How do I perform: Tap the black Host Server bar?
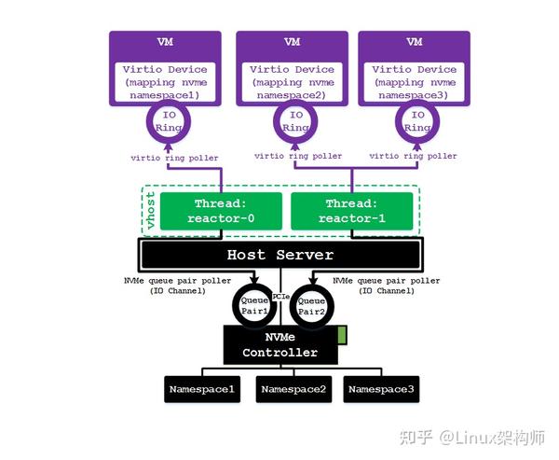(280, 255)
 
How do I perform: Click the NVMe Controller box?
(280, 345)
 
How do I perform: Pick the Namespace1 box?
(201, 389)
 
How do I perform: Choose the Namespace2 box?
(293, 389)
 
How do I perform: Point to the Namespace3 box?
(381, 389)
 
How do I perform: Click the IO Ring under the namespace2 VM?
(295, 121)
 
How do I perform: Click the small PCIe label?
(281, 296)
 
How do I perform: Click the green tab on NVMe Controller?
(342, 334)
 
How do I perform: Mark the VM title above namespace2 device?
(292, 43)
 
